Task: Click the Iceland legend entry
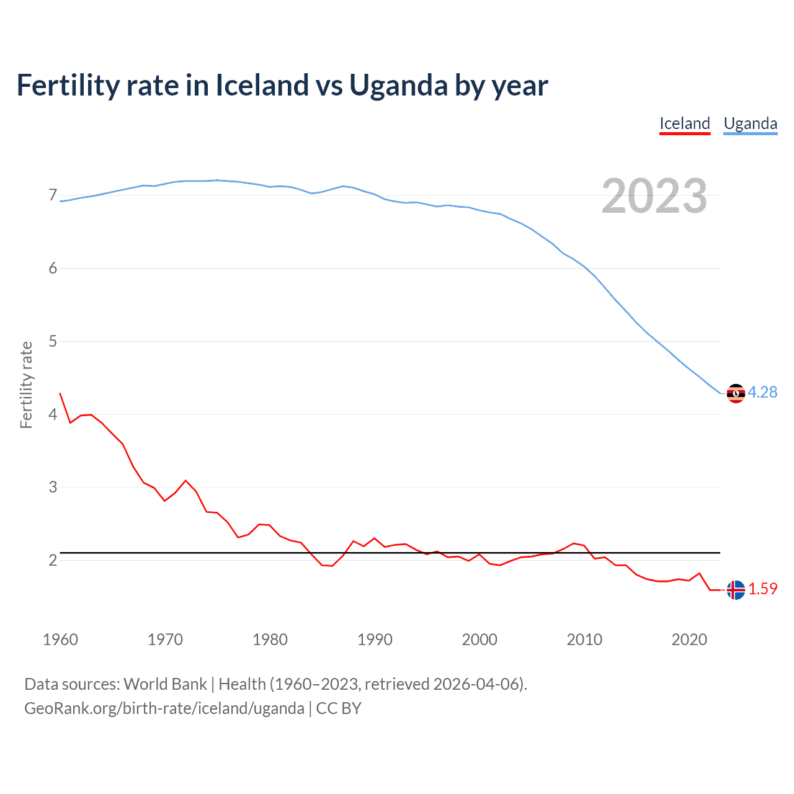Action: pyautogui.click(x=684, y=123)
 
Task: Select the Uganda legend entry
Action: pyautogui.click(x=750, y=123)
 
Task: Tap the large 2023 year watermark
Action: pyautogui.click(x=654, y=196)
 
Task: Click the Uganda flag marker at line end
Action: pyautogui.click(x=736, y=393)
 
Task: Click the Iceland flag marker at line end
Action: pyautogui.click(x=736, y=590)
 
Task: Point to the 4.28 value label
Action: pyautogui.click(x=762, y=392)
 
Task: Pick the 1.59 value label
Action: pyautogui.click(x=762, y=589)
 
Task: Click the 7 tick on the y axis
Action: pyautogui.click(x=53, y=195)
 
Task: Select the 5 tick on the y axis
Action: pyautogui.click(x=53, y=341)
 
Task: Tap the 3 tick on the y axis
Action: pyautogui.click(x=53, y=487)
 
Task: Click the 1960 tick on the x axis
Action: pyautogui.click(x=60, y=640)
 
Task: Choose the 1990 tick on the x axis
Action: pyautogui.click(x=375, y=640)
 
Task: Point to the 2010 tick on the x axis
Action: pyautogui.click(x=584, y=640)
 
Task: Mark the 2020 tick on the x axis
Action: pyautogui.click(x=689, y=640)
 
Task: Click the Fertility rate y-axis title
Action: pyautogui.click(x=26, y=385)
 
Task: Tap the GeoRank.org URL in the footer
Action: pyautogui.click(x=164, y=708)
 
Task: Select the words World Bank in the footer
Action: pyautogui.click(x=165, y=684)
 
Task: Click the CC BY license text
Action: pyautogui.click(x=339, y=708)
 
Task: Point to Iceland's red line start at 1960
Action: pyautogui.click(x=60, y=393)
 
